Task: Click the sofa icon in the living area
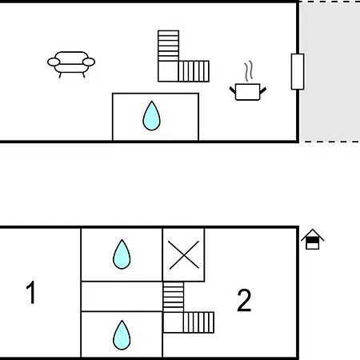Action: tap(71, 64)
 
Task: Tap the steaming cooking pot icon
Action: tap(248, 82)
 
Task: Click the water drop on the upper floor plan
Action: tap(151, 116)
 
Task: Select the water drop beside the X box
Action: tap(122, 254)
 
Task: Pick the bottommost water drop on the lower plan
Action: tap(122, 335)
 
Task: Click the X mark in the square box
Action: tap(184, 255)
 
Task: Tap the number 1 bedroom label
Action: tap(31, 292)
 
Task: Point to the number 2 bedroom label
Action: tap(244, 300)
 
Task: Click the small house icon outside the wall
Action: tap(313, 239)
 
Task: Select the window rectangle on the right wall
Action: tap(298, 71)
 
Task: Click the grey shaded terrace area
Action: tap(330, 71)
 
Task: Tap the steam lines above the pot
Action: tap(249, 71)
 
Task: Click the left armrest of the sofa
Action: tap(54, 62)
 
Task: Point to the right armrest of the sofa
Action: tap(89, 62)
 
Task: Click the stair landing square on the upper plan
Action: tap(168, 71)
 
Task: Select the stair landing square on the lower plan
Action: tap(173, 322)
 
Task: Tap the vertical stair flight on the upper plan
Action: tap(168, 46)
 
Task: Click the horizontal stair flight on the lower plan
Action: tap(198, 322)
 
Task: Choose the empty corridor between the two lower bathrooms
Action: tap(122, 296)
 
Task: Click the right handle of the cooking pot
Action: tap(263, 90)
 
